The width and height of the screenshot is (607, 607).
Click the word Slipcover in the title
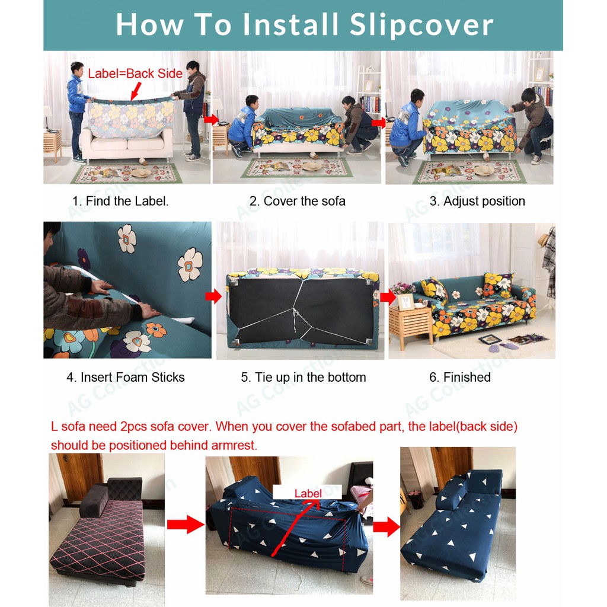point(421,25)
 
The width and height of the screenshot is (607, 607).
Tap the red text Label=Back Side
point(135,74)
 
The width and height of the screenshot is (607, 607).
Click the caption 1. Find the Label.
point(120,201)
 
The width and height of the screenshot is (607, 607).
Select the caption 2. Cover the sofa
point(298,201)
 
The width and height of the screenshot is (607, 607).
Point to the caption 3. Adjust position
point(477,201)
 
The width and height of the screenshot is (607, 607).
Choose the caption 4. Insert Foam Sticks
point(126,377)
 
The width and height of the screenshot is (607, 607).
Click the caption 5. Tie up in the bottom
point(303,377)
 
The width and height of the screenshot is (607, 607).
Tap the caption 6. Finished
point(460,377)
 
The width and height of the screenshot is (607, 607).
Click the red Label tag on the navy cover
point(308,493)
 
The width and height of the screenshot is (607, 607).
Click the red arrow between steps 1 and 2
point(211,119)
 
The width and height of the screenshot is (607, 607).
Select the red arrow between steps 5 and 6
point(388,298)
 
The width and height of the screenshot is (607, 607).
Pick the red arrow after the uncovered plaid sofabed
point(186,525)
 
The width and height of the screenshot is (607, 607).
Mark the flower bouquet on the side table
point(402,289)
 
